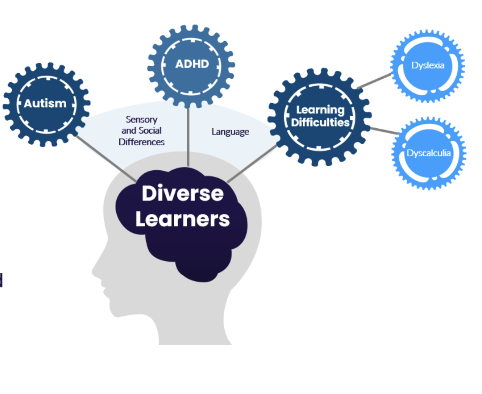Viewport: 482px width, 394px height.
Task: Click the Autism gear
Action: tap(45, 104)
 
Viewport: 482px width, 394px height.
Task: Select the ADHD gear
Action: tap(192, 65)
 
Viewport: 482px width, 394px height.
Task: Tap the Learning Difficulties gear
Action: tap(320, 117)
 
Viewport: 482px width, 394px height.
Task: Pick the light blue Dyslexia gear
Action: tap(428, 66)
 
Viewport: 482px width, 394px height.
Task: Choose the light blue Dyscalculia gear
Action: tap(429, 153)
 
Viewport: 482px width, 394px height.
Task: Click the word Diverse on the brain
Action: tap(183, 194)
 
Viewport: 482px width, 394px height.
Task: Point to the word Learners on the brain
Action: tap(183, 219)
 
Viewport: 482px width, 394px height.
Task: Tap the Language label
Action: tap(230, 132)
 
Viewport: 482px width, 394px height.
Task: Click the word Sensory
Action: tap(142, 120)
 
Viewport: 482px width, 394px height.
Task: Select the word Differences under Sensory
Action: tap(142, 142)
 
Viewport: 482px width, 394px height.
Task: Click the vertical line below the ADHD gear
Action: tap(188, 137)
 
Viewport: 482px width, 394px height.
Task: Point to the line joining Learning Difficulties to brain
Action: tap(252, 164)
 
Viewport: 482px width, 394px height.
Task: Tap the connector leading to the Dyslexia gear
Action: tap(374, 81)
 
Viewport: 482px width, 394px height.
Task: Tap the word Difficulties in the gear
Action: tap(320, 123)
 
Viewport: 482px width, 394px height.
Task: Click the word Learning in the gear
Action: tap(320, 110)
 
